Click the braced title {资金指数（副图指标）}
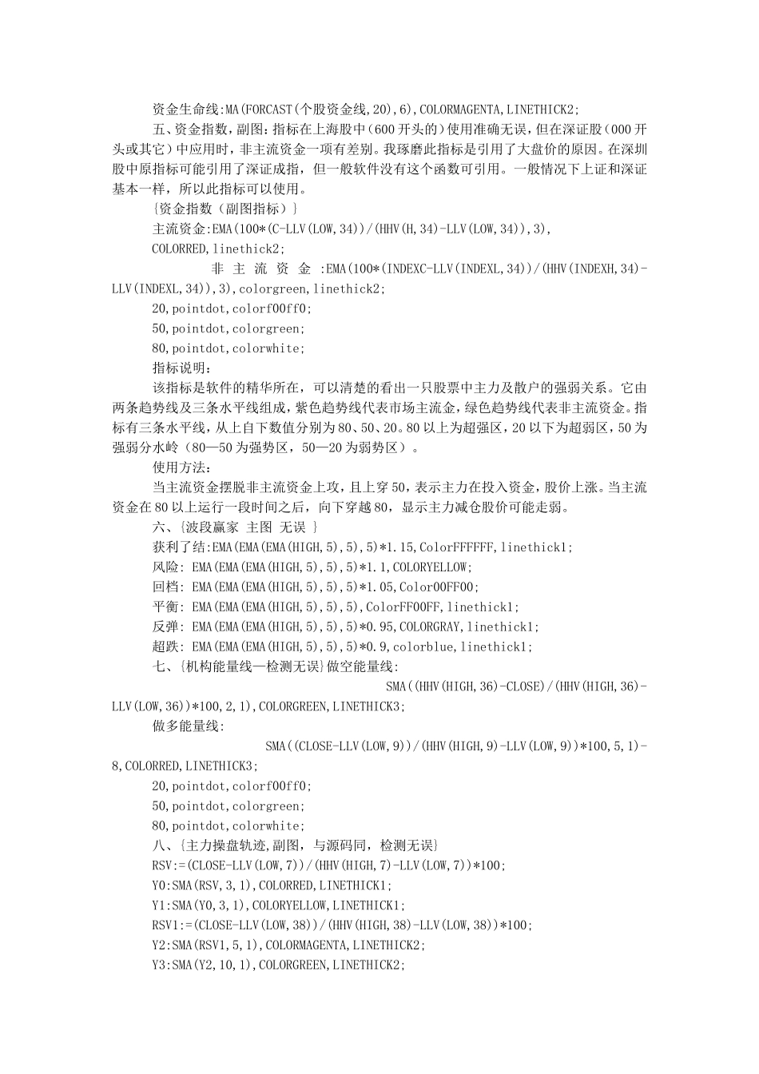click(x=225, y=209)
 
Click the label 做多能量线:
click(x=189, y=726)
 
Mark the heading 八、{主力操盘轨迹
click(x=210, y=845)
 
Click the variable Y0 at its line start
click(x=159, y=885)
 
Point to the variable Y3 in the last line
click(x=159, y=965)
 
